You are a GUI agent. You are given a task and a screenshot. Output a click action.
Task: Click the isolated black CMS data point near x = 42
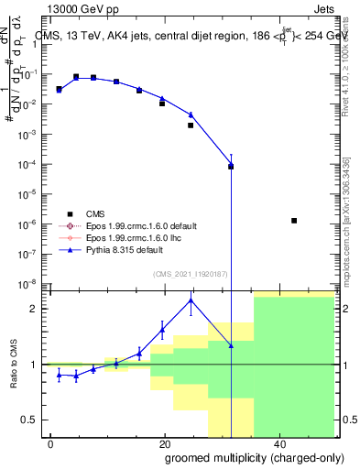pyautogui.click(x=293, y=220)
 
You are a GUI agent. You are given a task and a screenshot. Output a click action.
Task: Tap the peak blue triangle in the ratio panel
pyautogui.click(x=191, y=300)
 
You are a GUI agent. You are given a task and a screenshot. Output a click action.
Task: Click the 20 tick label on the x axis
pyautogui.click(x=165, y=443)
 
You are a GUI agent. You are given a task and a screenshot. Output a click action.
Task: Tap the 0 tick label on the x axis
pyautogui.click(x=51, y=443)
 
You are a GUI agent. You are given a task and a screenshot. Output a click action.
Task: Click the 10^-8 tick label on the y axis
pyautogui.click(x=30, y=283)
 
